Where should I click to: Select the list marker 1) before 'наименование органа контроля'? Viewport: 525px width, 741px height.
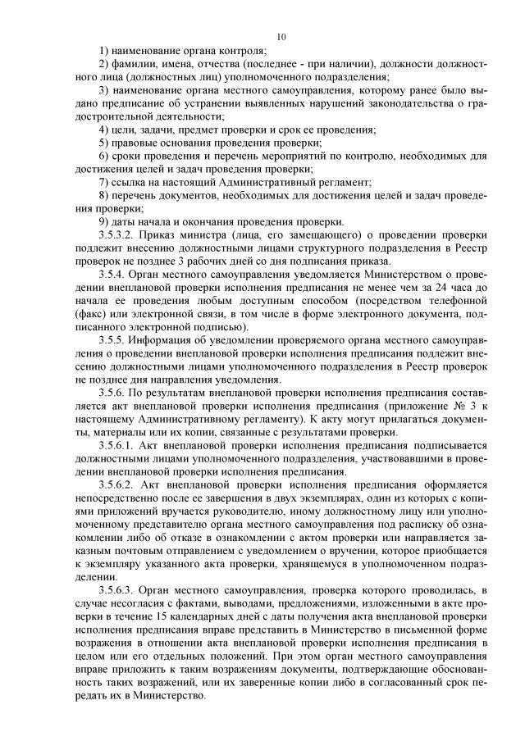103,52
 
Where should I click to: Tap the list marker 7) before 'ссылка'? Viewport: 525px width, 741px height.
103,181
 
